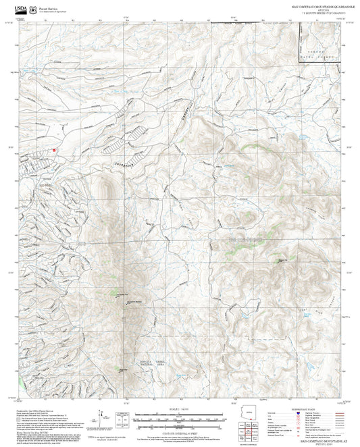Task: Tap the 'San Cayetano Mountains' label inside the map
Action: coord(246,238)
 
